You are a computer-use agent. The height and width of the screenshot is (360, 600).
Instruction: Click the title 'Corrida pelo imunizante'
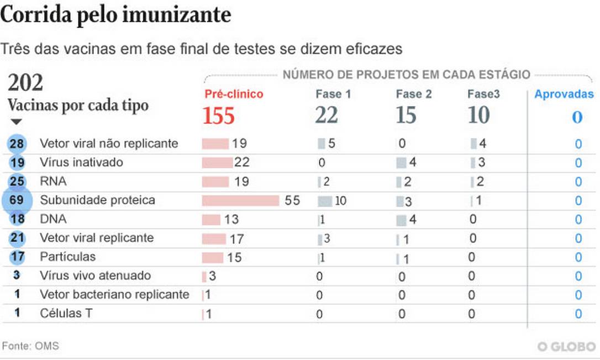pyautogui.click(x=115, y=15)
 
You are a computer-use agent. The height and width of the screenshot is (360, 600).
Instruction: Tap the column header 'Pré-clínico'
pyautogui.click(x=234, y=94)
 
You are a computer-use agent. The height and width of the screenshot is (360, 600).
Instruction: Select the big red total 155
pyautogui.click(x=219, y=116)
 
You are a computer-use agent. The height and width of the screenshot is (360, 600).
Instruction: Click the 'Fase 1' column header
pyautogui.click(x=333, y=94)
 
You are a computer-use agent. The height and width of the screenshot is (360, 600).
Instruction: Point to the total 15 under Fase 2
pyautogui.click(x=406, y=116)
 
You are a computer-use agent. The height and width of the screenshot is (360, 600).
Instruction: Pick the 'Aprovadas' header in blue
pyautogui.click(x=564, y=94)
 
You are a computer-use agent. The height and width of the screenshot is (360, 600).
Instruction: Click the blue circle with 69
pyautogui.click(x=17, y=200)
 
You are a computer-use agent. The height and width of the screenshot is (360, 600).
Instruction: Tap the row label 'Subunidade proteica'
pyautogui.click(x=97, y=200)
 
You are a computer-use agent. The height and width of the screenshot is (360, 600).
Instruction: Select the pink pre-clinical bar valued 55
pyautogui.click(x=241, y=200)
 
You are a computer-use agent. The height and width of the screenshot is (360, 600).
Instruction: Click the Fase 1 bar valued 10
pyautogui.click(x=325, y=200)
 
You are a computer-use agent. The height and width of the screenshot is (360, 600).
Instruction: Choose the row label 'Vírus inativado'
pyautogui.click(x=81, y=162)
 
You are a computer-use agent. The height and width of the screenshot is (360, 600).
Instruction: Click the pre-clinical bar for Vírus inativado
pyautogui.click(x=217, y=162)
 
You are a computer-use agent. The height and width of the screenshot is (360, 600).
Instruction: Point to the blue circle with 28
pyautogui.click(x=17, y=144)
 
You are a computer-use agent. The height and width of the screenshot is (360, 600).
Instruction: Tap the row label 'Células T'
pyautogui.click(x=66, y=313)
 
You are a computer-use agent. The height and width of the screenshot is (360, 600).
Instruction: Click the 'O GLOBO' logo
pyautogui.click(x=566, y=346)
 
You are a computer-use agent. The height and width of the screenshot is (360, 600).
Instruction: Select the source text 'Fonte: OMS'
pyautogui.click(x=30, y=346)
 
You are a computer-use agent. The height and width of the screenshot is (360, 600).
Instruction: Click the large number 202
pyautogui.click(x=25, y=83)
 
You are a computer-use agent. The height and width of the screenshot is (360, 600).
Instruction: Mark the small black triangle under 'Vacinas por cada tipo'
pyautogui.click(x=16, y=121)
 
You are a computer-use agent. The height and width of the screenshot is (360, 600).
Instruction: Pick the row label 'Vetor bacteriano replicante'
pyautogui.click(x=114, y=294)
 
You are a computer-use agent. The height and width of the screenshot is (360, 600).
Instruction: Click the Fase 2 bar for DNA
pyautogui.click(x=401, y=220)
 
